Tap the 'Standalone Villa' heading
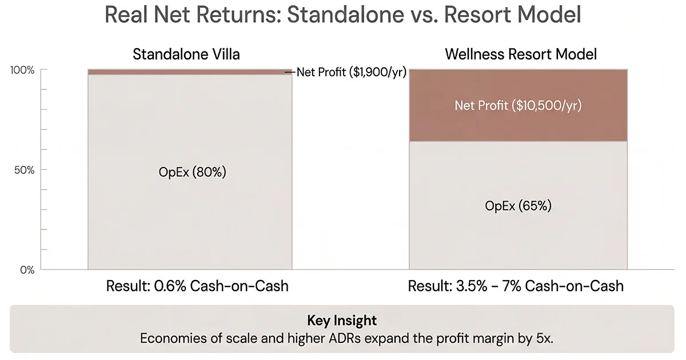tap(186, 55)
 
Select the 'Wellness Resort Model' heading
tap(521, 55)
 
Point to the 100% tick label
tap(22, 70)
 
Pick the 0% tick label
tap(27, 270)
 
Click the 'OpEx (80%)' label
tap(193, 172)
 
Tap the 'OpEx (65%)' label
tap(518, 206)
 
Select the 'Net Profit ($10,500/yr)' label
tap(518, 106)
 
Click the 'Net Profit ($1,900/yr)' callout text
tap(351, 72)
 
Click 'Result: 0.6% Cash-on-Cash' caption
tap(197, 286)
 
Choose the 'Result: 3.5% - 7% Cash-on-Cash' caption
tap(516, 286)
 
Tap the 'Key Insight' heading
tap(342, 320)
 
